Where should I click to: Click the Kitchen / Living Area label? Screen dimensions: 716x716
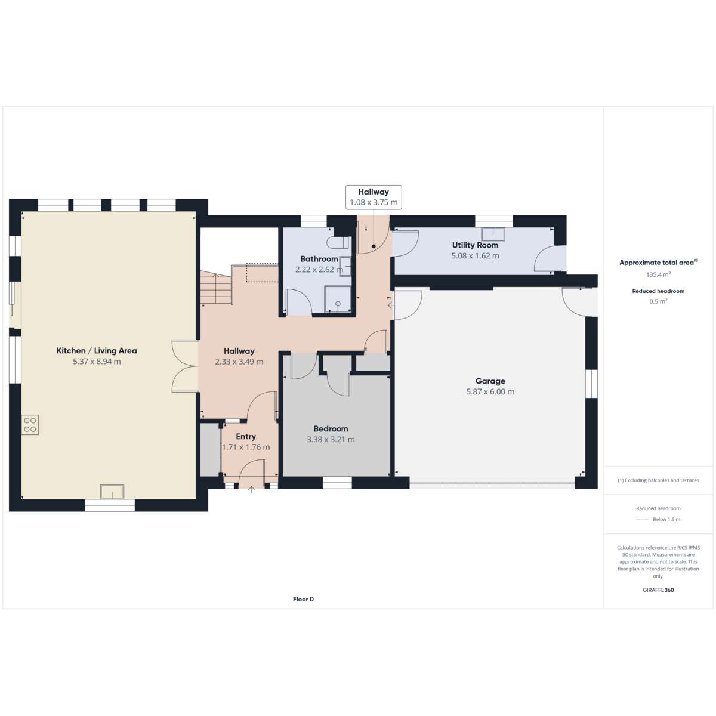(97, 350)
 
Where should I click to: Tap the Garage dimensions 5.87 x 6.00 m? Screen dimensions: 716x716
(490, 391)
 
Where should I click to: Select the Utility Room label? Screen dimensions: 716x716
(475, 245)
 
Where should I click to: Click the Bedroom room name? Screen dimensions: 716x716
(331, 428)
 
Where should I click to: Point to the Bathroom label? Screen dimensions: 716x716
(319, 258)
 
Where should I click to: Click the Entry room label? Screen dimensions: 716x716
(246, 436)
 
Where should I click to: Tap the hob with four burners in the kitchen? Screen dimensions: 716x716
(30, 425)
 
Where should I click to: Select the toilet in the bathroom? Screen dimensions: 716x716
(338, 243)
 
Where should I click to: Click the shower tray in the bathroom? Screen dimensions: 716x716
(338, 299)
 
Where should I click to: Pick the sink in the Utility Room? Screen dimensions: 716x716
(493, 234)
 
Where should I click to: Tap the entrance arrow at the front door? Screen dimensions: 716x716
(252, 489)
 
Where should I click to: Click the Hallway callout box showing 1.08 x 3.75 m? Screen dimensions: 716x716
(374, 197)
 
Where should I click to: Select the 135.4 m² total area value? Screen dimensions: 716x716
(658, 274)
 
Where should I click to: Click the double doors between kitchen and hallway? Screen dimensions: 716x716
(185, 366)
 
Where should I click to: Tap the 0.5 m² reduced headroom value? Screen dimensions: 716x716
(658, 301)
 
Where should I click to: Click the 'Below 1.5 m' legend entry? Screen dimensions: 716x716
(658, 519)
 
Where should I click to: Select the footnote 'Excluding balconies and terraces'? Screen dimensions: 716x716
(658, 480)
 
